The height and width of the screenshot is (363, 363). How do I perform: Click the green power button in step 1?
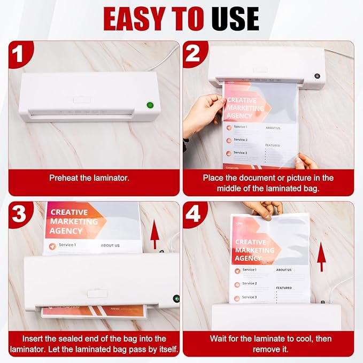(x=150, y=106)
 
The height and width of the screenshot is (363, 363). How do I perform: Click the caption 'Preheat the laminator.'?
(x=89, y=178)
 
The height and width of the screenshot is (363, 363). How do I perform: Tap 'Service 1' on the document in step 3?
(x=67, y=245)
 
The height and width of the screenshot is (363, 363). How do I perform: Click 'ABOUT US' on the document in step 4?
(x=284, y=270)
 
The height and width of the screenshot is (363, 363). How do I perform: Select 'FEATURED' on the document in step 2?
(x=273, y=145)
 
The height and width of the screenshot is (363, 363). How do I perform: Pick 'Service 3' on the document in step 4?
(x=250, y=297)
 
